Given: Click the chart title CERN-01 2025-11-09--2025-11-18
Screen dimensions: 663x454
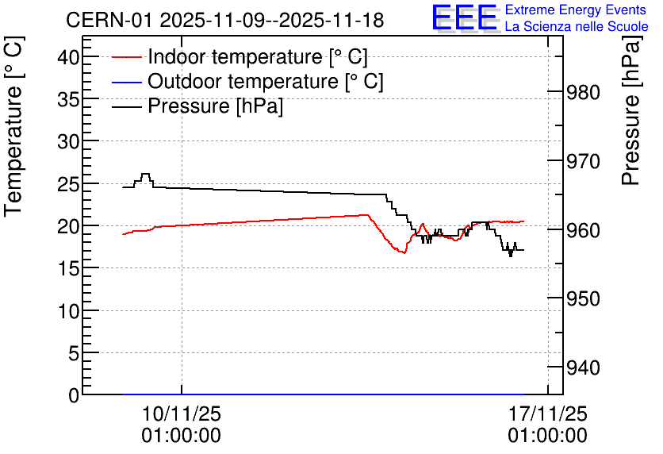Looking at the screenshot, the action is point(225,20).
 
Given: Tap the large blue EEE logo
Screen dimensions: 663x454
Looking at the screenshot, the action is point(465,17).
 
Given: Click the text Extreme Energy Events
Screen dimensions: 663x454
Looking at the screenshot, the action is point(576,10).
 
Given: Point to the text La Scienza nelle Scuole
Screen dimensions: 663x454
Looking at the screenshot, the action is point(577,27).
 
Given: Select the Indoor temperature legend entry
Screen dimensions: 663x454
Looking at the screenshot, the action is point(240,56).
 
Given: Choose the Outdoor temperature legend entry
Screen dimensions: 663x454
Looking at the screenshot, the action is point(247,81).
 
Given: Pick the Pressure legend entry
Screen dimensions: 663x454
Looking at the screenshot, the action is point(197,106).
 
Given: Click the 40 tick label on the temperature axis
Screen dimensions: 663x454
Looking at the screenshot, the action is point(68,57).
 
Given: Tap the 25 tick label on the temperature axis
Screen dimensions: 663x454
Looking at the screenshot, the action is point(68,184).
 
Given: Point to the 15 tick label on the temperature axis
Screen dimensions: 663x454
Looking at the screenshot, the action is point(68,268).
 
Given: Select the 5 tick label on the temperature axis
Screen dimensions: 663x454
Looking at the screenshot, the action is point(74,353).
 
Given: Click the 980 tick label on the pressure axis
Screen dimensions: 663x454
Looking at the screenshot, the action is point(583,93).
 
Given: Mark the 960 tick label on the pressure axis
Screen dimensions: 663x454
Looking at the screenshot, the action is point(583,230).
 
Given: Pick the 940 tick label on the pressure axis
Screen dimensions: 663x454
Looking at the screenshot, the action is point(583,367).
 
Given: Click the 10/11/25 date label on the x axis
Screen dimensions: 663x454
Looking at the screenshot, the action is point(182,414).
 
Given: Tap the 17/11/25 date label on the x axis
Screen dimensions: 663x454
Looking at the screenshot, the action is point(547,414).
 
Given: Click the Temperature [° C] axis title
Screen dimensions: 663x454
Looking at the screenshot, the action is point(13,127).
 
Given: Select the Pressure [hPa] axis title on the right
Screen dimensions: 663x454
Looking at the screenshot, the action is point(631,110).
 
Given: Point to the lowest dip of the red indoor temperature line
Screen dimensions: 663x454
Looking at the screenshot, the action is point(404,252).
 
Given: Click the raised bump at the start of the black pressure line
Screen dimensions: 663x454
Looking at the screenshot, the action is point(145,174).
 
